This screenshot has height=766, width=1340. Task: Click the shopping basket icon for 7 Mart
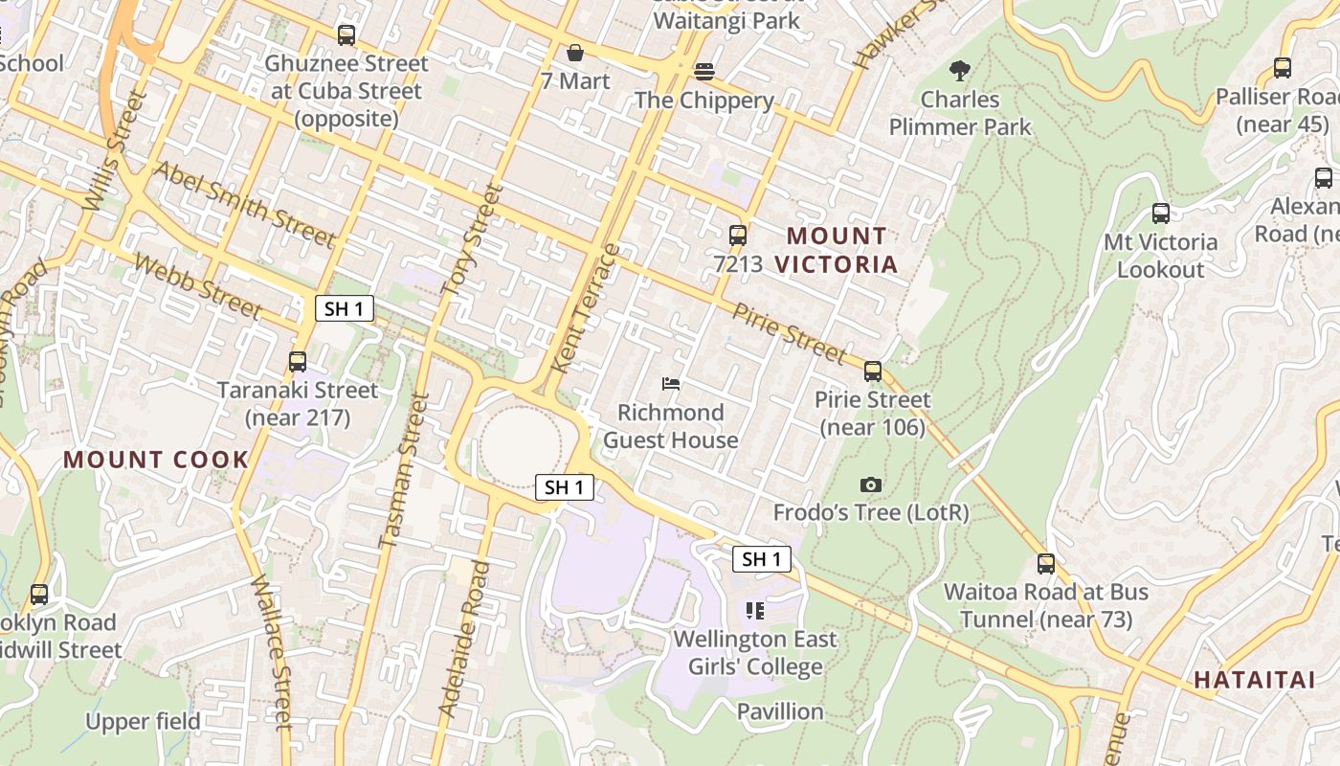tap(575, 53)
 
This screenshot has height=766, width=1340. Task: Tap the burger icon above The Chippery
tap(704, 72)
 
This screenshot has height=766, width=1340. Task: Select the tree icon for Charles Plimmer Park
tap(959, 70)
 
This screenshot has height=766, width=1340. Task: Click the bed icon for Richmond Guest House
tap(671, 384)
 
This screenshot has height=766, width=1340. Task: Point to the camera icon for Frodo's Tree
tap(870, 484)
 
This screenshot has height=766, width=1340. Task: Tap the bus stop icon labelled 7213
tap(738, 235)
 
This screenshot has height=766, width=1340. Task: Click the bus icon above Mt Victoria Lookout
tap(1161, 214)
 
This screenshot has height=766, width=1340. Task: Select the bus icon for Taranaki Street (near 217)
tap(298, 362)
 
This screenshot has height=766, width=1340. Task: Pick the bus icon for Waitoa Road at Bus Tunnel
tap(1046, 564)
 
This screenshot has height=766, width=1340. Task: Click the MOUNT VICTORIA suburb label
tap(837, 250)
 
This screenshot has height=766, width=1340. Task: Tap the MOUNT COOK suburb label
tap(156, 460)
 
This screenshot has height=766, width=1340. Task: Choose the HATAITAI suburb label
tap(1254, 680)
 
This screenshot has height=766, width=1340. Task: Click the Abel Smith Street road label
tap(244, 204)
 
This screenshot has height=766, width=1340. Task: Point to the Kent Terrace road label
tap(587, 308)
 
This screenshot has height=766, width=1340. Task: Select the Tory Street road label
tap(472, 238)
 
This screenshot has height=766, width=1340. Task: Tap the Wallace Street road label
tap(271, 651)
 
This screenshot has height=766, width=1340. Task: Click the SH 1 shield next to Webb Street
tap(344, 308)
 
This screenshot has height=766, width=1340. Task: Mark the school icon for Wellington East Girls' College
tap(755, 611)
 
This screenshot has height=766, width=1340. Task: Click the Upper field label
tap(144, 721)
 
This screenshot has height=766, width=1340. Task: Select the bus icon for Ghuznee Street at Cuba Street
tap(346, 35)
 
